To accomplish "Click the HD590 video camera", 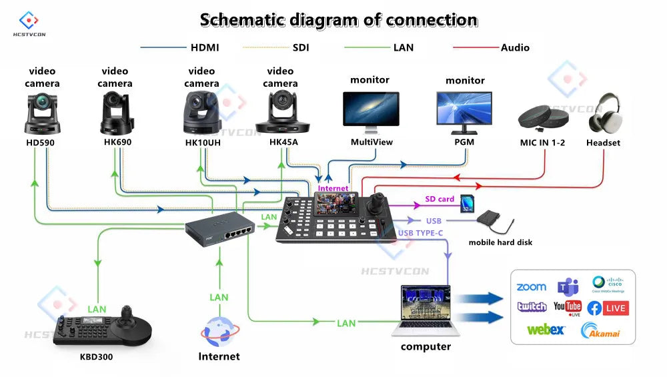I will pyautogui.click(x=42, y=113).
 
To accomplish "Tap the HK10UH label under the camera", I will pyautogui.click(x=201, y=143).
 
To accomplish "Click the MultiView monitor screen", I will pyautogui.click(x=371, y=109).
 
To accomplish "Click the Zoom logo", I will pyautogui.click(x=531, y=287).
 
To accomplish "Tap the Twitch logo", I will pyautogui.click(x=532, y=307).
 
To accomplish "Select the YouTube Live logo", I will pyautogui.click(x=568, y=308).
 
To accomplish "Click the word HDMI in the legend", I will pyautogui.click(x=205, y=47).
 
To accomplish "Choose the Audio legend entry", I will pyautogui.click(x=515, y=47).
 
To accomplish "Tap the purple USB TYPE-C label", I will pyautogui.click(x=420, y=232).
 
